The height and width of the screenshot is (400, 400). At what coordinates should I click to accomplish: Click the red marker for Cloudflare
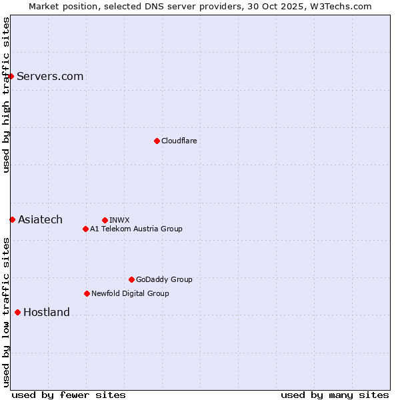pos(157,141)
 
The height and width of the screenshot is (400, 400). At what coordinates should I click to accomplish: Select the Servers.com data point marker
pos(11,76)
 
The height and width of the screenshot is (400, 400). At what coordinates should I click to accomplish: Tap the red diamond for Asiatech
pos(12,219)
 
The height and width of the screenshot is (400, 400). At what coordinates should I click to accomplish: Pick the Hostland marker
pos(17,312)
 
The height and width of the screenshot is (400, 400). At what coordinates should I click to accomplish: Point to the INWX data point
pos(105,220)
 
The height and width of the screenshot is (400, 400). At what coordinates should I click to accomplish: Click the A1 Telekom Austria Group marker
pos(85,229)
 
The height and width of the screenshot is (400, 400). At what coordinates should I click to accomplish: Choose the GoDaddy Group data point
pos(131,279)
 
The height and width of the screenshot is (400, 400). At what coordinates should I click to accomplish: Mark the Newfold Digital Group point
pos(87,293)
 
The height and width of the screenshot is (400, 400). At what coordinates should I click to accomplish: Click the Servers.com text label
pos(50,76)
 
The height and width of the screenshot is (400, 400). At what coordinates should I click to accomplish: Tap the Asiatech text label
pos(40,219)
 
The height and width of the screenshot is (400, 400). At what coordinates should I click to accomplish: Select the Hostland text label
pos(47,312)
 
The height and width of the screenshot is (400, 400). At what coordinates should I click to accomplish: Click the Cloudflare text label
pos(179,141)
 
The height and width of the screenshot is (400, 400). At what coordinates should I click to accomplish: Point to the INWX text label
pos(119,220)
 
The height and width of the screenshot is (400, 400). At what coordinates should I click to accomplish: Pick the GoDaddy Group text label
pos(164,279)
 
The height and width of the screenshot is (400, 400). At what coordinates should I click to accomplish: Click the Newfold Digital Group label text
pos(130,293)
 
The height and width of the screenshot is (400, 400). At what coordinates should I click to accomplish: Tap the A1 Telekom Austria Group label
pos(136,229)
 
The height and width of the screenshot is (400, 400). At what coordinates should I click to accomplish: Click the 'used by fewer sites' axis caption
pos(69,395)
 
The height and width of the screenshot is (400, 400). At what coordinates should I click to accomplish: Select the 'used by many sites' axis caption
pos(335,395)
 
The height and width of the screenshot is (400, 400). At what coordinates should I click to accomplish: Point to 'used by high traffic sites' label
pos(6,95)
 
